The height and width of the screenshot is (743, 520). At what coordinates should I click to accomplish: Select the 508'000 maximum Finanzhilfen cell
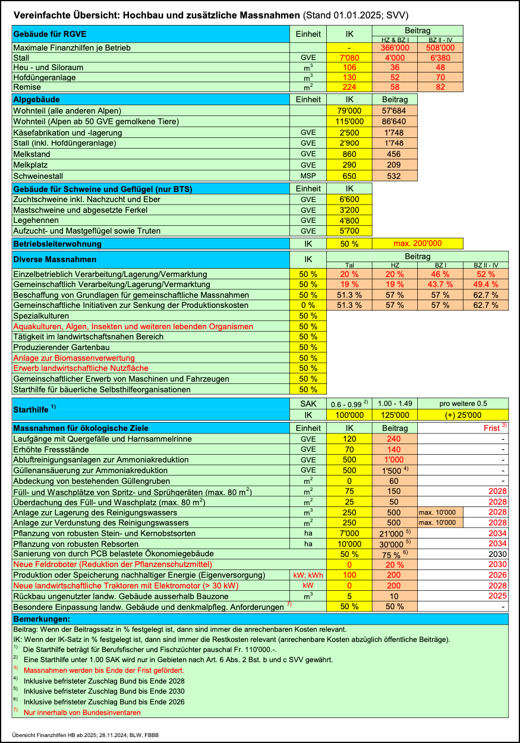pos(440,48)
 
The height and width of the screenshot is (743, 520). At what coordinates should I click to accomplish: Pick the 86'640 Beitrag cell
pos(395,121)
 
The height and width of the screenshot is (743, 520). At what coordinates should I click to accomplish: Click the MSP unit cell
pos(308,176)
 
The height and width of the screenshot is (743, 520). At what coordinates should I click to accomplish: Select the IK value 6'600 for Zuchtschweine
pos(349,199)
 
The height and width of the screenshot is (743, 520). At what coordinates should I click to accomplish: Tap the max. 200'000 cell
pos(417,244)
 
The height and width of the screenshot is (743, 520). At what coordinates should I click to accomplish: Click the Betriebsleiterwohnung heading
pos(57,244)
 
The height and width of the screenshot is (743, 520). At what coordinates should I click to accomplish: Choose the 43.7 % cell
pos(440,284)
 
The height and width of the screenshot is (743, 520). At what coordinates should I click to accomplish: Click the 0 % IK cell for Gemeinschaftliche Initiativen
pos(308,305)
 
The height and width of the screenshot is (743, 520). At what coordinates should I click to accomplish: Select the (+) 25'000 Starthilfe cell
pos(462,415)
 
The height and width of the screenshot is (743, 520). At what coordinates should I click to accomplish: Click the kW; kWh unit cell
pos(308,575)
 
